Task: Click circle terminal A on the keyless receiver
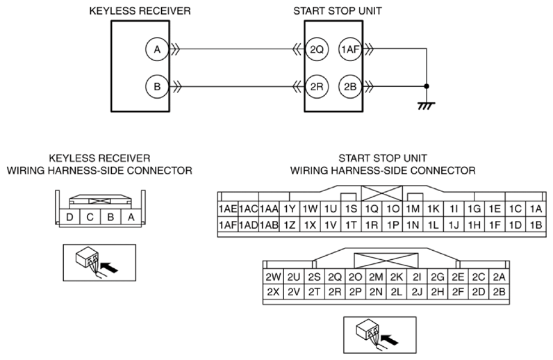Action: [x=157, y=49]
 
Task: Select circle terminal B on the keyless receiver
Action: [x=157, y=86]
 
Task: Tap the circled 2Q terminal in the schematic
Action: [x=317, y=49]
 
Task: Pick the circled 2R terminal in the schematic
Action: [x=317, y=86]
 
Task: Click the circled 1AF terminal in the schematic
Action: [x=350, y=49]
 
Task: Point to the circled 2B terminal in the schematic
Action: [x=350, y=86]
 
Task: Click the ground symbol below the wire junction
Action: [x=426, y=106]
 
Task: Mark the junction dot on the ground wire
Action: [x=427, y=86]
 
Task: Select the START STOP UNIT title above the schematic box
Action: [x=338, y=11]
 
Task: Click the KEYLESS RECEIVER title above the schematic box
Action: [x=140, y=11]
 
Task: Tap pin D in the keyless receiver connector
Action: [x=69, y=217]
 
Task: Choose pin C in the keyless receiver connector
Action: [x=90, y=217]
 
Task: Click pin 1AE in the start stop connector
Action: [x=228, y=209]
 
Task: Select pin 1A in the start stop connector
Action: [x=536, y=209]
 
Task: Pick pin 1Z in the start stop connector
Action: [x=289, y=224]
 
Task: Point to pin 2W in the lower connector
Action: [x=273, y=277]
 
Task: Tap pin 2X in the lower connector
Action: [x=273, y=292]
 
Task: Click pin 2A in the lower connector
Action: [x=499, y=277]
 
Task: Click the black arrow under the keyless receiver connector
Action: [x=109, y=267]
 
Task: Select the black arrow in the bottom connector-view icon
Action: [x=390, y=340]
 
